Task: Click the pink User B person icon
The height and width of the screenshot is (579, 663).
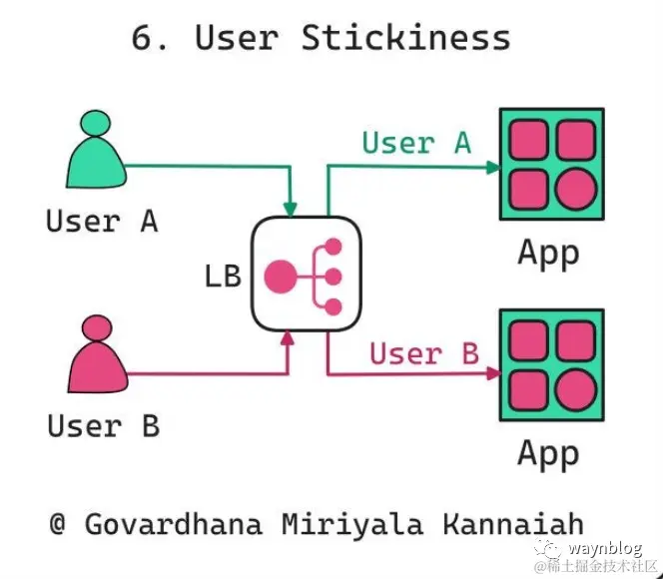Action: [x=98, y=355]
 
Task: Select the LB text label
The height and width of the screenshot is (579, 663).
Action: [x=223, y=276]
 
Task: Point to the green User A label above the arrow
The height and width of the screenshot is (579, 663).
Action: [x=416, y=143]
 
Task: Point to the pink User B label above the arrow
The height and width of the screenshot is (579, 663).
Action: [x=424, y=353]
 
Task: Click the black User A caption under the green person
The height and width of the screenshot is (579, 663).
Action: [x=102, y=221]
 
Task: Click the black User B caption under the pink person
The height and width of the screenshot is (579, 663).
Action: [x=103, y=426]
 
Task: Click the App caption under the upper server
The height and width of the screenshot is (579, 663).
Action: [x=548, y=253]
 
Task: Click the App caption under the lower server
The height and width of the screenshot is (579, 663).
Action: [x=548, y=453]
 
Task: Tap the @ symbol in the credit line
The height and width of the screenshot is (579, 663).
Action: [x=59, y=524]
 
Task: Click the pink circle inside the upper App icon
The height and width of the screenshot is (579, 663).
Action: [x=575, y=188]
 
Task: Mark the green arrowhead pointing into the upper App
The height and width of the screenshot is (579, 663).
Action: [x=492, y=167]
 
